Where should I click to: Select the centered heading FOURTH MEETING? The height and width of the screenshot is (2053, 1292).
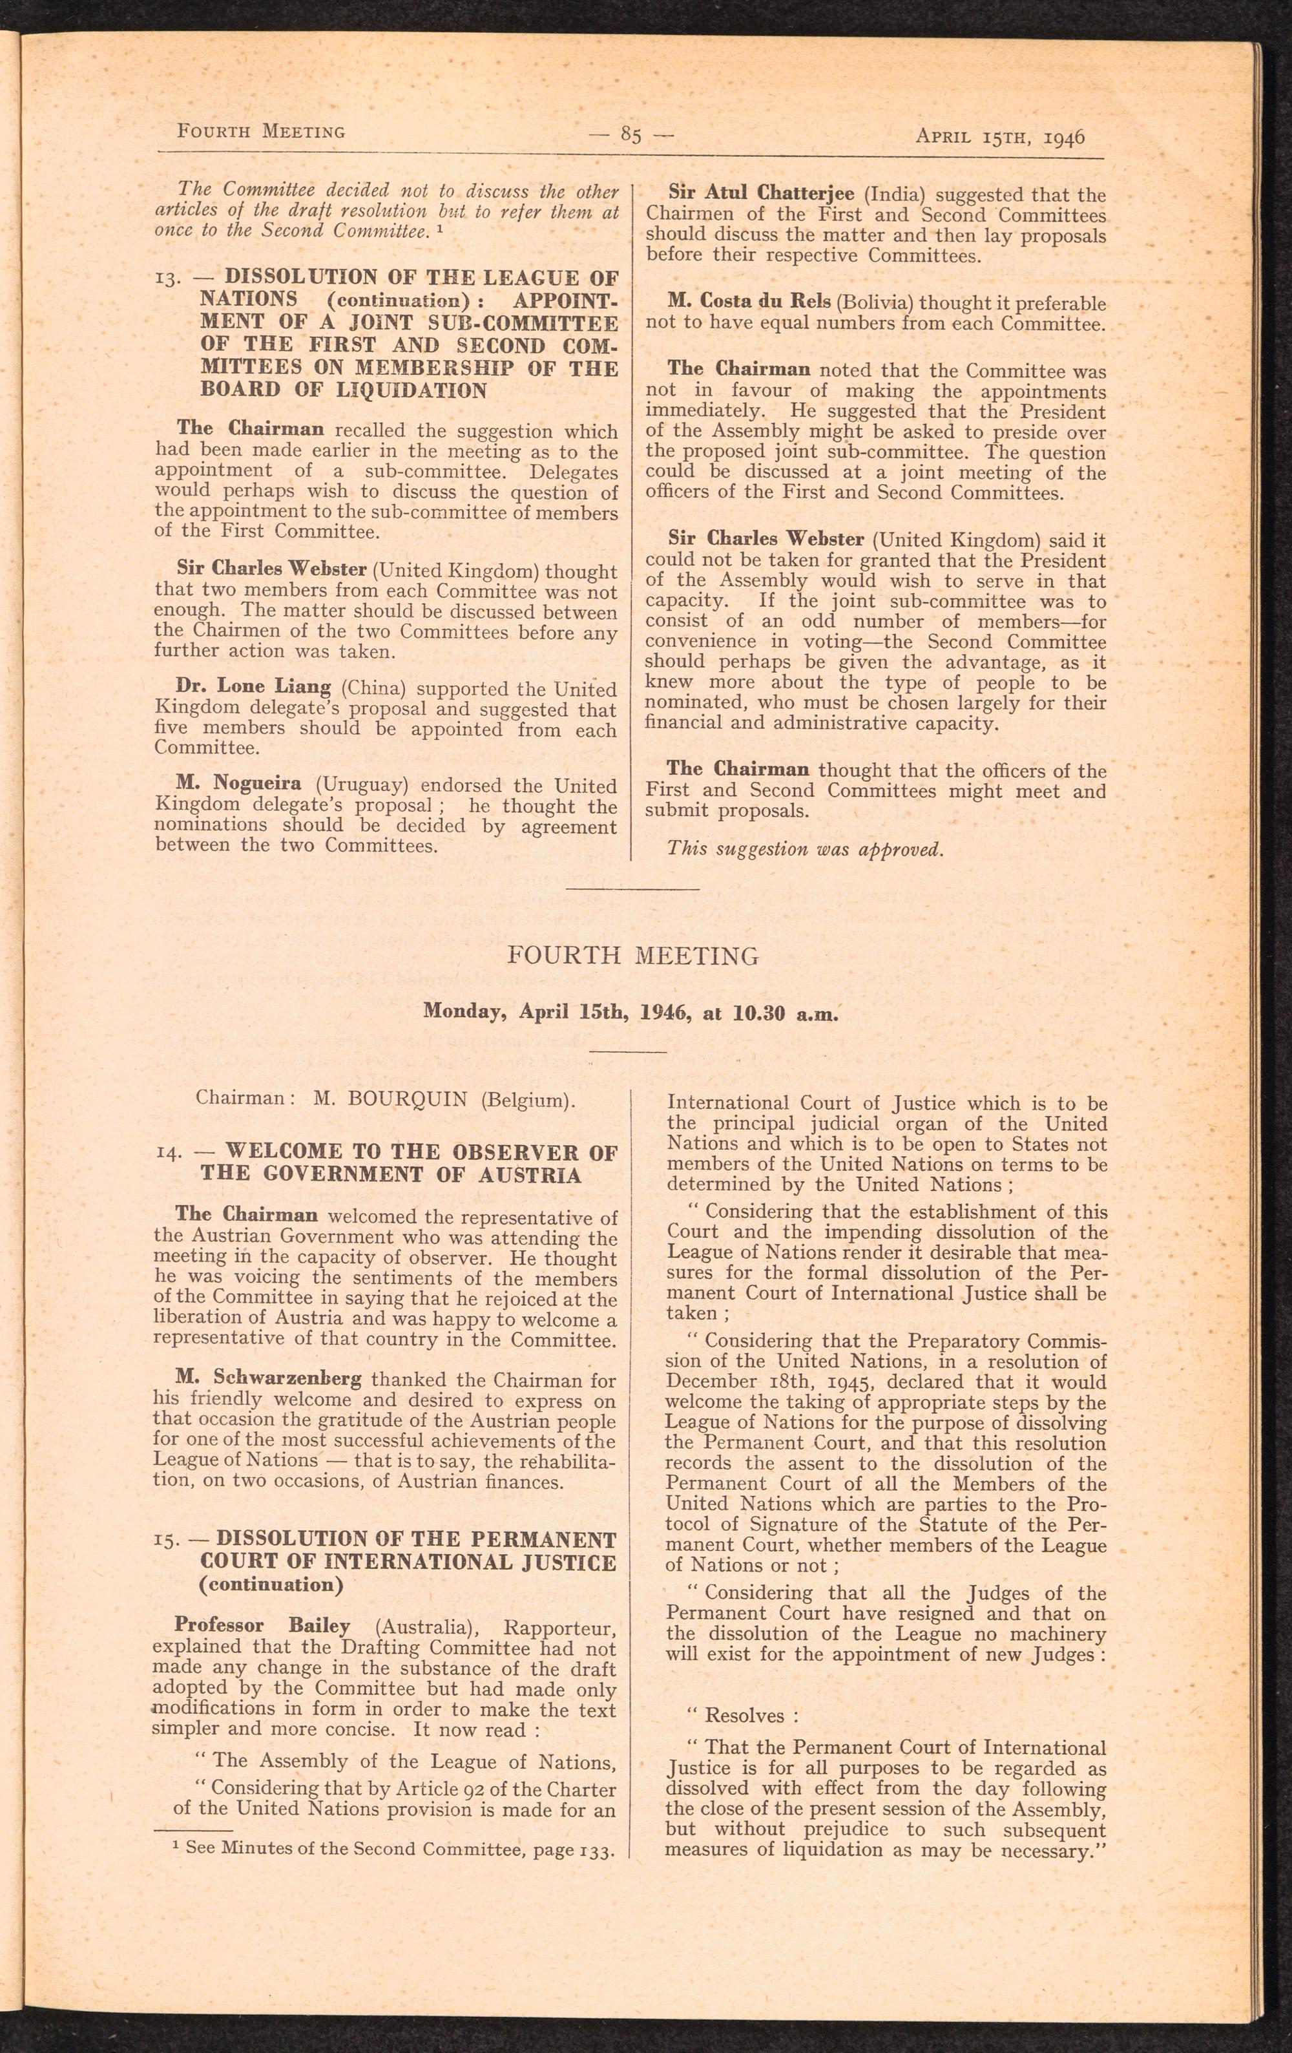632,956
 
